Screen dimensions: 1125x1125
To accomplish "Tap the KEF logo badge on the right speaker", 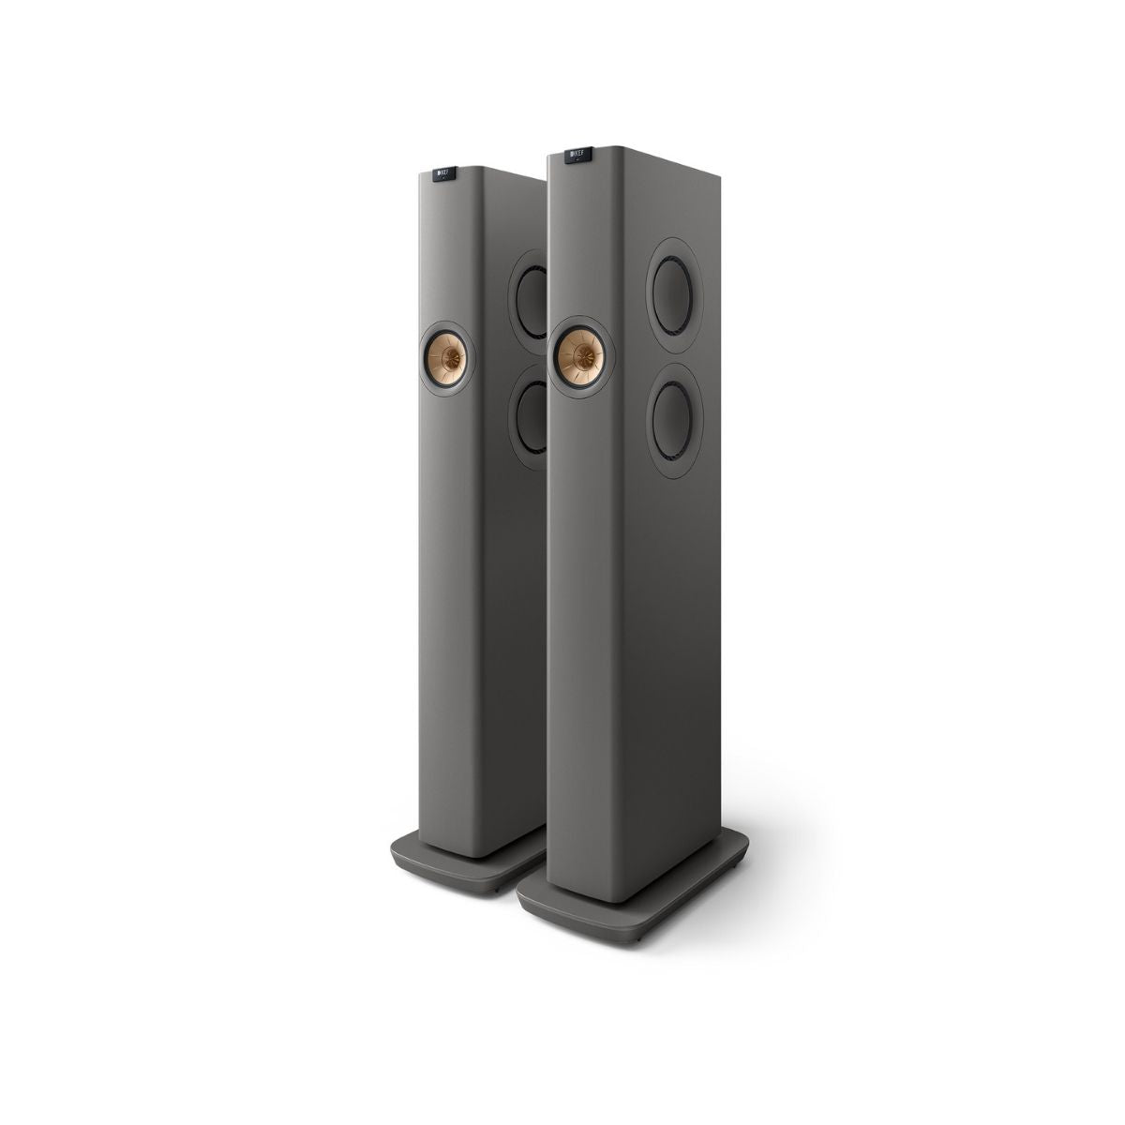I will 579,151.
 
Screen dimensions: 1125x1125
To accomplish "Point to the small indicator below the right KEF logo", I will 577,162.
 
